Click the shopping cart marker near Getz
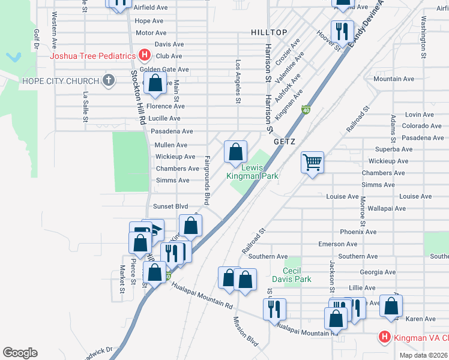312,161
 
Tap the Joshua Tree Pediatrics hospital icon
144,56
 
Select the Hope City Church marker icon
108,81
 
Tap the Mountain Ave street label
393,79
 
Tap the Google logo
20,353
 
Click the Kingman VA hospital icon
384,337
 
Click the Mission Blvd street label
245,332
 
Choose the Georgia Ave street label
378,271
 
